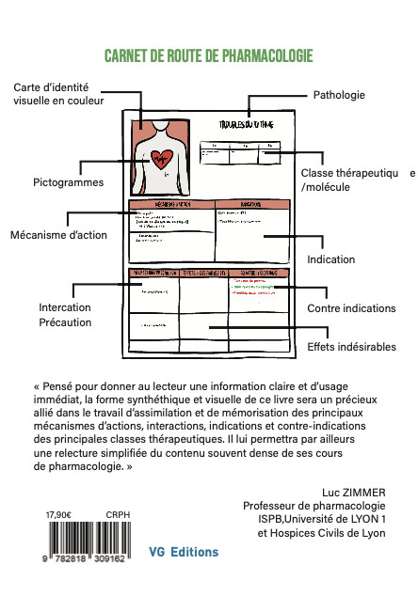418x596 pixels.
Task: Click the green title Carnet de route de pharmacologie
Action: (208, 55)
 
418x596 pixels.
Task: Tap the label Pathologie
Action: (338, 95)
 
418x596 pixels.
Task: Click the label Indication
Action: (330, 259)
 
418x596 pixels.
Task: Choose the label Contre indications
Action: (351, 308)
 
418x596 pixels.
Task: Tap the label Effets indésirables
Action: (351, 347)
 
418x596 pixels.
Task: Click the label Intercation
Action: (65, 307)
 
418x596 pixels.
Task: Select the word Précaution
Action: (65, 322)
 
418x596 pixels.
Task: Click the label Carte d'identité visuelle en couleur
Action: (58, 94)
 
